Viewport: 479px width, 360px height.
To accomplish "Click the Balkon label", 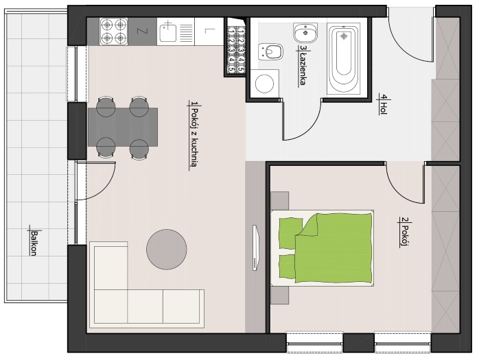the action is [x=34, y=243].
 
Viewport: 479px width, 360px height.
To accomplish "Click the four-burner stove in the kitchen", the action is [x=114, y=31].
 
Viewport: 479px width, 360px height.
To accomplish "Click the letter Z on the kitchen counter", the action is [x=142, y=31].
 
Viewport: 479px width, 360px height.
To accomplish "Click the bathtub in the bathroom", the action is [x=344, y=58].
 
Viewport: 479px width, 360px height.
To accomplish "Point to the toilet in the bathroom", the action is [x=270, y=52].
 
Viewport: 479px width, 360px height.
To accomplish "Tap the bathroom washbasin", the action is [x=305, y=32].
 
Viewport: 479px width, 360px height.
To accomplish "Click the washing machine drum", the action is [x=264, y=84].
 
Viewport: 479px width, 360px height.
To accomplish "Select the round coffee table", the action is [x=167, y=249].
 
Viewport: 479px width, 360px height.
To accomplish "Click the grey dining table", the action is [x=123, y=127].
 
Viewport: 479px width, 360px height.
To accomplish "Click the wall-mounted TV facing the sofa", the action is [x=256, y=248].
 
